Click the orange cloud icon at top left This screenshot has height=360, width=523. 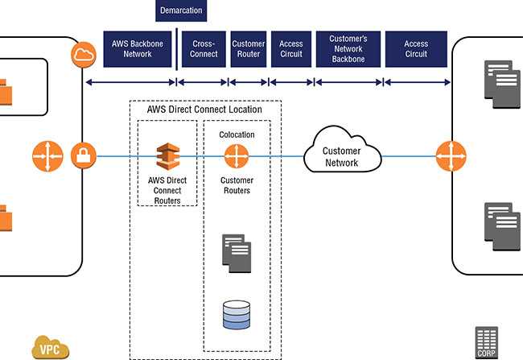click(x=84, y=55)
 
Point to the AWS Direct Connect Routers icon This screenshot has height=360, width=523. click(x=167, y=154)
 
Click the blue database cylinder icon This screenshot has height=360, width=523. click(x=236, y=313)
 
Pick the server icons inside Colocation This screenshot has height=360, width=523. click(x=237, y=250)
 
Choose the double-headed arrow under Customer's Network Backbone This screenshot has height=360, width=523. click(x=348, y=81)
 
